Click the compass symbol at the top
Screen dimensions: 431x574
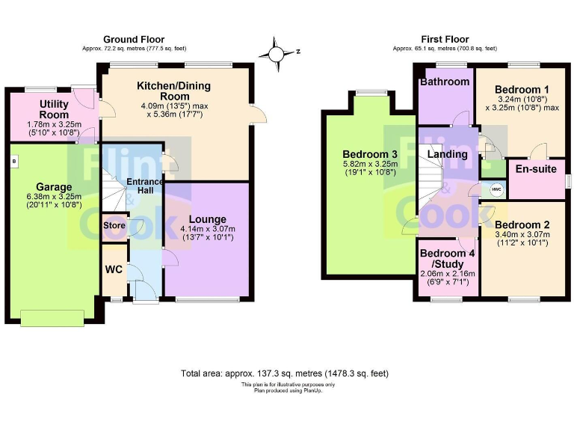click(277, 53)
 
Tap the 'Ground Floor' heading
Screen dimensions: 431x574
click(133, 40)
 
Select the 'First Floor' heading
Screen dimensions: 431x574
click(444, 40)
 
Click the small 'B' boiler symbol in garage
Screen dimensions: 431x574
click(13, 160)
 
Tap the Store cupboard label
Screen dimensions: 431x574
click(114, 224)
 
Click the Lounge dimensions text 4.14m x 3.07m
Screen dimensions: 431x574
click(206, 229)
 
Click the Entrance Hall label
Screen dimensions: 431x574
click(143, 187)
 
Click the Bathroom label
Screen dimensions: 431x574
click(445, 82)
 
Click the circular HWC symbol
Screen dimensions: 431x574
click(496, 190)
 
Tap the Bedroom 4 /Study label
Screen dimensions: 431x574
click(447, 258)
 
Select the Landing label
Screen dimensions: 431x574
click(447, 155)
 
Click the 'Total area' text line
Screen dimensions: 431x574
click(284, 373)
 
